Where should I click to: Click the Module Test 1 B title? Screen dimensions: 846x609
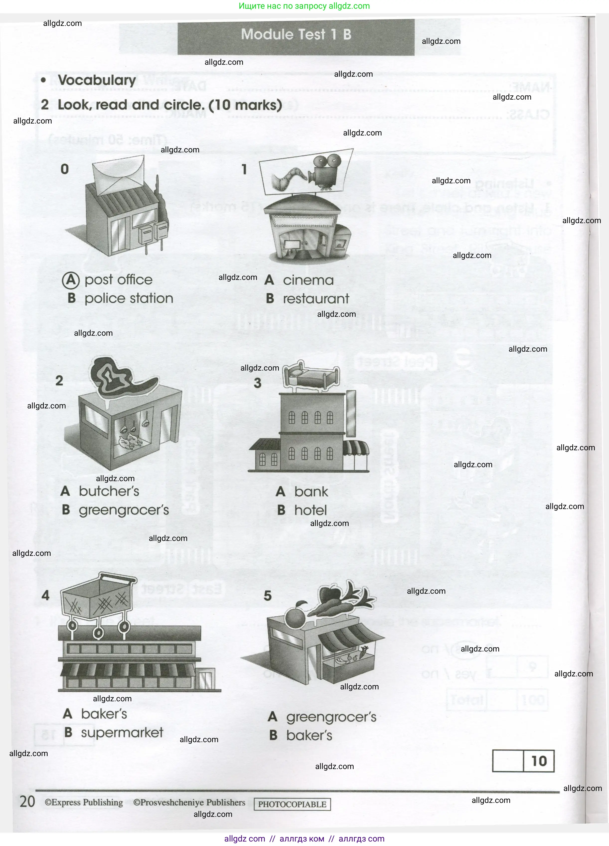pyautogui.click(x=296, y=35)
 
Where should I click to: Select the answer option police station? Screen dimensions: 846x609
pyautogui.click(x=129, y=298)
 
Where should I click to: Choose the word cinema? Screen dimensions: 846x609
pyautogui.click(x=308, y=280)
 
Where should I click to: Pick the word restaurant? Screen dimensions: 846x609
pyautogui.click(x=316, y=299)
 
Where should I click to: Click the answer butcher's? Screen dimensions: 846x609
pyautogui.click(x=109, y=491)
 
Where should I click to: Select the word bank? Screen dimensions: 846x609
pyautogui.click(x=311, y=492)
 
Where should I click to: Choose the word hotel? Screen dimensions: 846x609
pyautogui.click(x=310, y=510)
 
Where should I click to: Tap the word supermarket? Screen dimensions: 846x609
pyautogui.click(x=122, y=733)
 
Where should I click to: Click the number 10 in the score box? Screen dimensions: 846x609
pyautogui.click(x=538, y=761)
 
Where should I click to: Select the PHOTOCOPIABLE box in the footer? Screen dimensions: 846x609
pyautogui.click(x=292, y=804)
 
